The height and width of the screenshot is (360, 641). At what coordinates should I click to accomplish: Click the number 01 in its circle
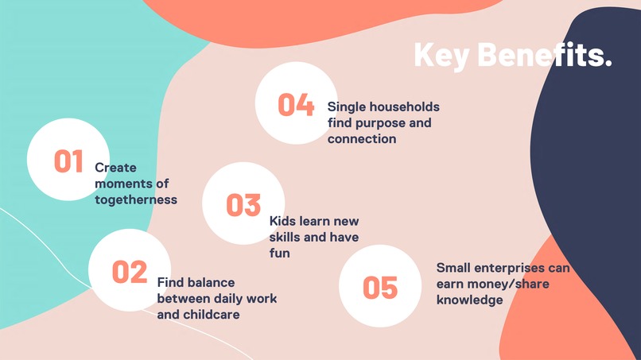68,161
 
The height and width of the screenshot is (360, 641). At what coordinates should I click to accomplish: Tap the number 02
130,272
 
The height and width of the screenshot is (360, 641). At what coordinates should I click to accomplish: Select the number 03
243,205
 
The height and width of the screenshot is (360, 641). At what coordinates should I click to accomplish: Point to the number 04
296,105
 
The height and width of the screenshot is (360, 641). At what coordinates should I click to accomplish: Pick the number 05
379,288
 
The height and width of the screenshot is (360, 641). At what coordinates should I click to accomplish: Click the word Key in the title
441,55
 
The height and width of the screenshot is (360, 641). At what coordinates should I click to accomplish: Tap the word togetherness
136,199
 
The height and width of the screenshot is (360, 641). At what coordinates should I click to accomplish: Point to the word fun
280,254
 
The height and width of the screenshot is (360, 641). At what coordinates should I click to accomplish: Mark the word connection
362,139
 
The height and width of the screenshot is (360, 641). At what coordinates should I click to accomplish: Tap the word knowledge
469,300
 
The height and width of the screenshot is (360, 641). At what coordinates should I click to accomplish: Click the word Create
116,168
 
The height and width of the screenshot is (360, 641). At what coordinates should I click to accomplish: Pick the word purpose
383,123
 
